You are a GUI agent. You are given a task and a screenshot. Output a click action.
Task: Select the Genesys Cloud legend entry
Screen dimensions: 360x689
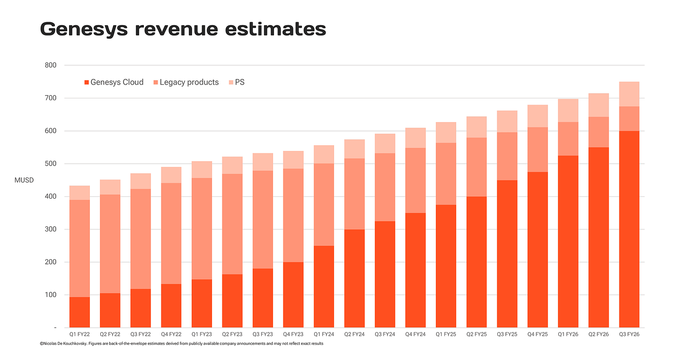click(x=114, y=82)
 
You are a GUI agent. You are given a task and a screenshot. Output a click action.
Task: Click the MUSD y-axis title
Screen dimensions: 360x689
click(x=24, y=180)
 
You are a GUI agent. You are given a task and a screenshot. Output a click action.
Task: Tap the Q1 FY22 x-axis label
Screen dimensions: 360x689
click(x=79, y=334)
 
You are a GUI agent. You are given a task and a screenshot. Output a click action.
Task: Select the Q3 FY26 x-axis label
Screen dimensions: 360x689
click(x=629, y=334)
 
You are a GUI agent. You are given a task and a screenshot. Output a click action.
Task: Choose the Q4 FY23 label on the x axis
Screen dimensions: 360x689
click(x=293, y=334)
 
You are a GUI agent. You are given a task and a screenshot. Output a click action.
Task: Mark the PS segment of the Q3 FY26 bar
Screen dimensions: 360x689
click(x=629, y=94)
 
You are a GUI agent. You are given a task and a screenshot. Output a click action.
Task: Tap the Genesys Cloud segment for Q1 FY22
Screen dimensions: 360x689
click(x=79, y=312)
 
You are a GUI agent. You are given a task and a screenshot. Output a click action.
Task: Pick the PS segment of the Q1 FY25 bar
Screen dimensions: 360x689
click(x=446, y=132)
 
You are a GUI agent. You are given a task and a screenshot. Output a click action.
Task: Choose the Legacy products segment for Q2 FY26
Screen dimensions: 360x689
click(x=599, y=132)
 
